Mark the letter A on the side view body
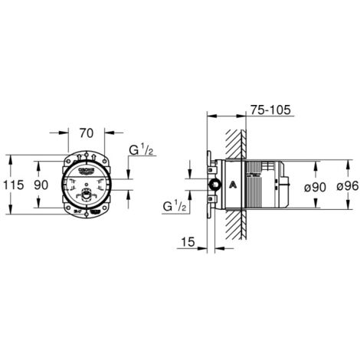tap(234, 184)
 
